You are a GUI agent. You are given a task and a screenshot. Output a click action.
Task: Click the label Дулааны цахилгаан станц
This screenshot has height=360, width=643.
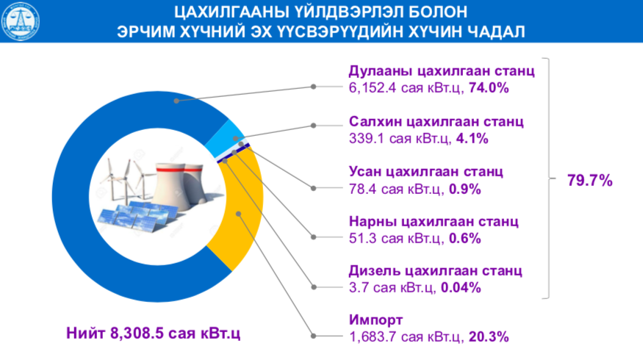pyautogui.click(x=440, y=72)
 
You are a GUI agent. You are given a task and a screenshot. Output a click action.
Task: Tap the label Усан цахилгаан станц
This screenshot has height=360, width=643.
pyautogui.click(x=425, y=172)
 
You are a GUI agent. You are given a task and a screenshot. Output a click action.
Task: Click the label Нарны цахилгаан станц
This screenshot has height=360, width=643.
pyautogui.click(x=434, y=221)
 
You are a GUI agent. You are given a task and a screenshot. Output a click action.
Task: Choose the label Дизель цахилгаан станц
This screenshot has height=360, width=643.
pyautogui.click(x=436, y=270)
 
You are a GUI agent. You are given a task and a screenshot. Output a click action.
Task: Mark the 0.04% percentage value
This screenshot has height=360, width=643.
pyautogui.click(x=460, y=287)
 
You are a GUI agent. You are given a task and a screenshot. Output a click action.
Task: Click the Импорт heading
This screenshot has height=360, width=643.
pyautogui.click(x=375, y=320)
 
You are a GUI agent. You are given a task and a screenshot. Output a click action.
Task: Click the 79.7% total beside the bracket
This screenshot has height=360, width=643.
pyautogui.click(x=589, y=180)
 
